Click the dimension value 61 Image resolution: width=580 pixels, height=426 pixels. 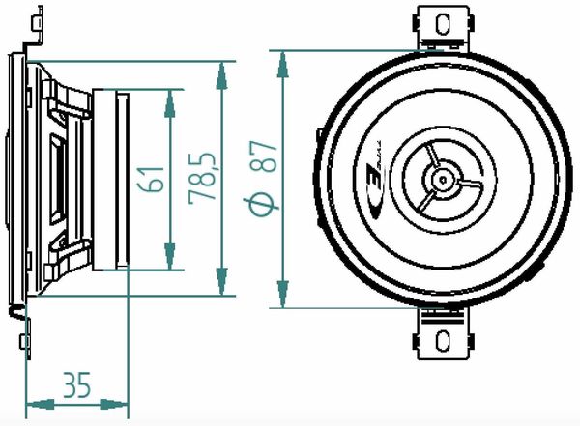149,179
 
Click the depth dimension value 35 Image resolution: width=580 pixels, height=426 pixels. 76,385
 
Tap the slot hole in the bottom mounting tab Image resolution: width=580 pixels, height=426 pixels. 443,341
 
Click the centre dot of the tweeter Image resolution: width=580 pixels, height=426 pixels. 442,179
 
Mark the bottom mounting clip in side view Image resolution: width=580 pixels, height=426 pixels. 27,328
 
